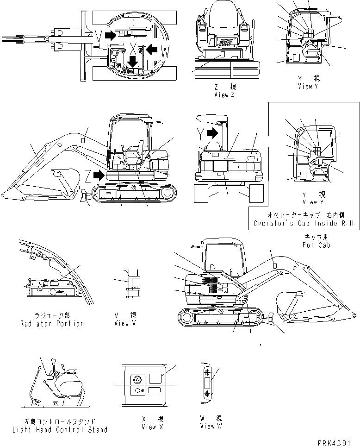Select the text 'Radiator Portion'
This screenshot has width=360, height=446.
52,323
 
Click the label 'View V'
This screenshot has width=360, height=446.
125,323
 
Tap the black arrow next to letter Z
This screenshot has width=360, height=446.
98,175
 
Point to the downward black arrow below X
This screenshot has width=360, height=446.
133,61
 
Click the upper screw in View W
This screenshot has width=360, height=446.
206,372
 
